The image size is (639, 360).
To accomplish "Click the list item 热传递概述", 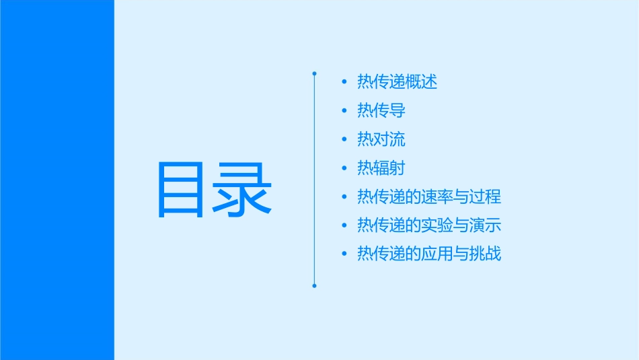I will tap(397, 82).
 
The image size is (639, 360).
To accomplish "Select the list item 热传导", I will tap(381, 111).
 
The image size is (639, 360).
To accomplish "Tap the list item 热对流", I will tap(381, 140).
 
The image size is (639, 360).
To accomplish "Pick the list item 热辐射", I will tap(381, 168).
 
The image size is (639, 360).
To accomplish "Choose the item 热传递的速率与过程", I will tap(429, 197).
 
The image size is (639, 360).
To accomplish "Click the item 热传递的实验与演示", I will tap(429, 225).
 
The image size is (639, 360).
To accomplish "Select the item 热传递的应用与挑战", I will tap(429, 254).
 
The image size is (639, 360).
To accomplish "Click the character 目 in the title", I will tap(180, 190).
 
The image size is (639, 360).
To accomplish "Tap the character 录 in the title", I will tap(242, 190).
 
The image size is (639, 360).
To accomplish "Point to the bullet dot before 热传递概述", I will tap(344, 83).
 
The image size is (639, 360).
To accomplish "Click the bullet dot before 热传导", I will tap(344, 111).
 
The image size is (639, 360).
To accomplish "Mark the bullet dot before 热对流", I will tap(344, 140).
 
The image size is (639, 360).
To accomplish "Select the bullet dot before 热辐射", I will tap(344, 168).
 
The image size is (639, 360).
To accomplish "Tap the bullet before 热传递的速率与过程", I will tap(344, 197).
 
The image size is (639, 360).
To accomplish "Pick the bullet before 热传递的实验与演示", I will tap(344, 226).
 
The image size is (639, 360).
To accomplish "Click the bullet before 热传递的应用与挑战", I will tap(344, 254).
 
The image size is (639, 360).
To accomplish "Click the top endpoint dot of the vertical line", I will tap(314, 73).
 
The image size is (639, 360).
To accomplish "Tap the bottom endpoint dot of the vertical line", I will tap(314, 285).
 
